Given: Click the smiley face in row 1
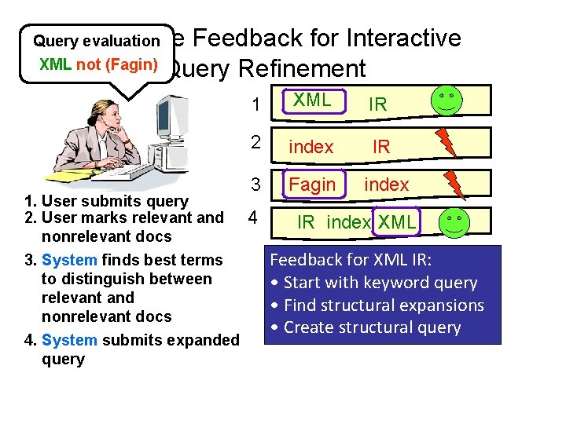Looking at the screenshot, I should point(447,101).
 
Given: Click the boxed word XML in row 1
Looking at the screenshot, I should point(312,101).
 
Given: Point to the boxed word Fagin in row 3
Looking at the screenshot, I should point(313,185).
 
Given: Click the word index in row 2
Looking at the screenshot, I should point(311,146).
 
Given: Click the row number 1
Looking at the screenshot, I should point(255,104).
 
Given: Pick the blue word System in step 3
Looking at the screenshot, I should point(68,260).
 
